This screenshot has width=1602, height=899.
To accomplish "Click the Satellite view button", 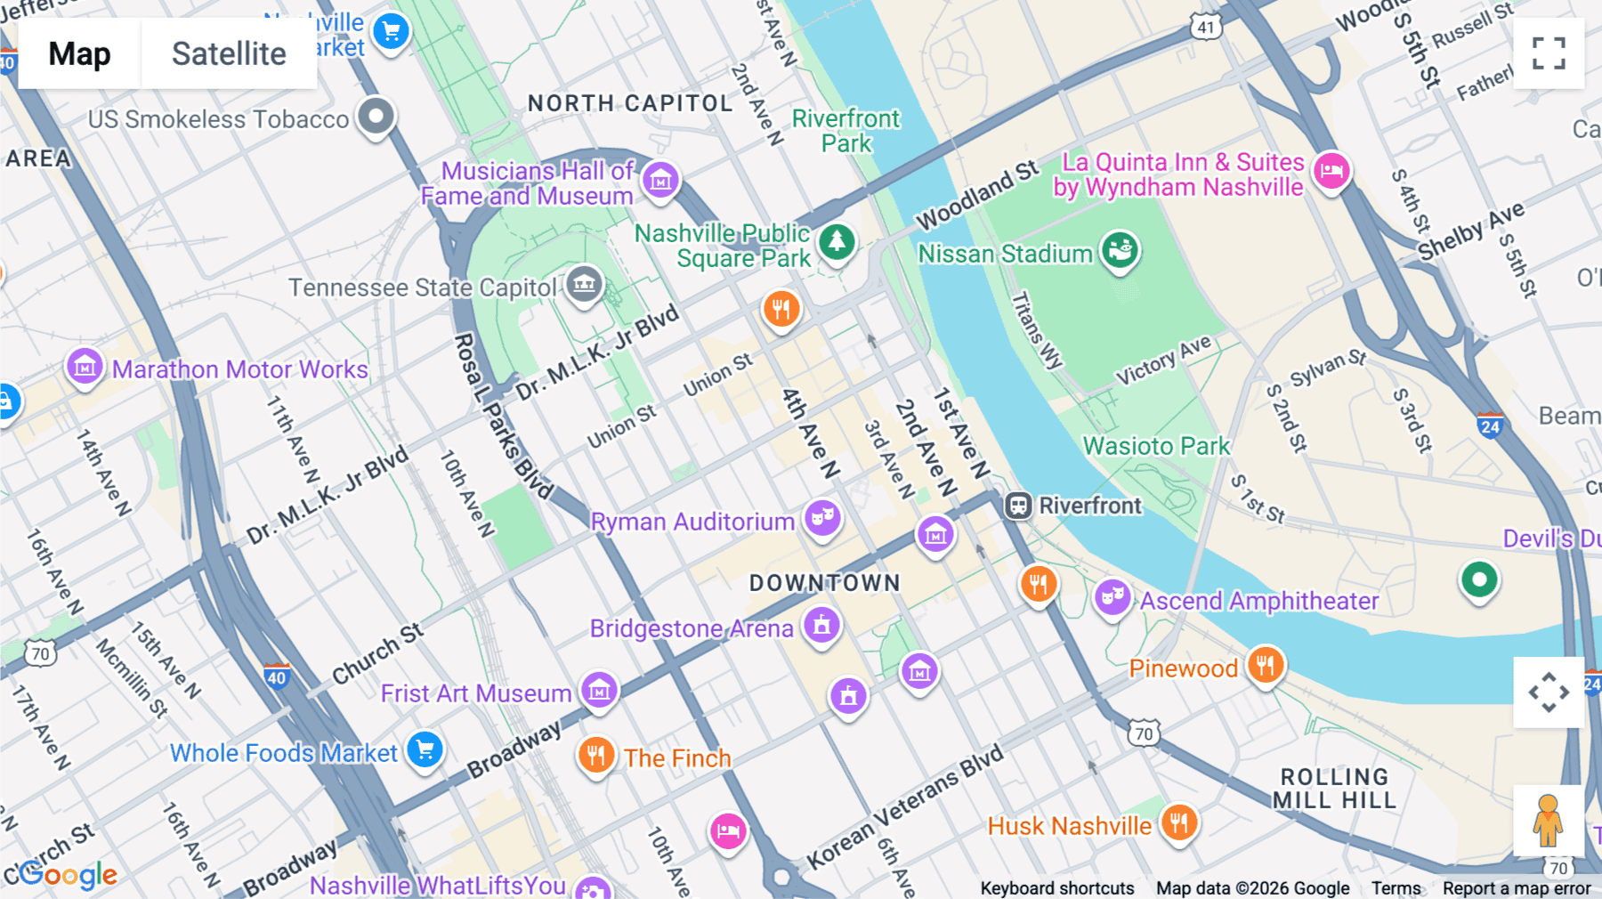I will click(x=229, y=53).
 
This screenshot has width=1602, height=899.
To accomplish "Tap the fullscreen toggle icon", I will click(x=1549, y=53).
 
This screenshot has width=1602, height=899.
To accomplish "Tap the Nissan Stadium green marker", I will click(x=1120, y=251).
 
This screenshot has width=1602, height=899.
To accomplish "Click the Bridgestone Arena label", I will click(x=692, y=628).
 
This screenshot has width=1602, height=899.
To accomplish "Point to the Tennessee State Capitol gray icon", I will click(x=585, y=285).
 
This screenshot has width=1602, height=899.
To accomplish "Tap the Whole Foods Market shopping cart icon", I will click(x=425, y=749).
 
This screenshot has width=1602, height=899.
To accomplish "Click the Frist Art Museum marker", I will click(x=599, y=690).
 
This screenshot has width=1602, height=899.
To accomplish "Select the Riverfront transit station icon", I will click(x=1018, y=506).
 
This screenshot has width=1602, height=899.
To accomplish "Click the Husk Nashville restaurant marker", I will click(x=1179, y=822).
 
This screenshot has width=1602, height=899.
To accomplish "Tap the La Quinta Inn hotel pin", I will click(x=1331, y=169).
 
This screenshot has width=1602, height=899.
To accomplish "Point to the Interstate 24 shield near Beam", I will click(x=1490, y=425).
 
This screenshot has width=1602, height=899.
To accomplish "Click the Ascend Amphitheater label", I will click(x=1258, y=601).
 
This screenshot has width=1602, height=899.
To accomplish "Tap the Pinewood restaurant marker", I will click(x=1265, y=664).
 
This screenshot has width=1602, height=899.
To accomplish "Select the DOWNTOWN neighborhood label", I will click(x=824, y=583).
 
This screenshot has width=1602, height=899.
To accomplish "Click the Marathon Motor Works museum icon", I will click(x=85, y=366).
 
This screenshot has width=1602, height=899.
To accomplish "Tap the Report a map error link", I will click(x=1516, y=887).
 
